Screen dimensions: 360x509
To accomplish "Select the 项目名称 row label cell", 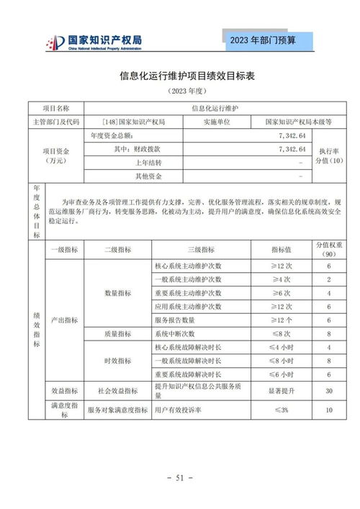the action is coord(56,108).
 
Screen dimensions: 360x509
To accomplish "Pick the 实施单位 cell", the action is coord(216,122).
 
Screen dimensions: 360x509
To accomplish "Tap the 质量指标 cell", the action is coord(117,333).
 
